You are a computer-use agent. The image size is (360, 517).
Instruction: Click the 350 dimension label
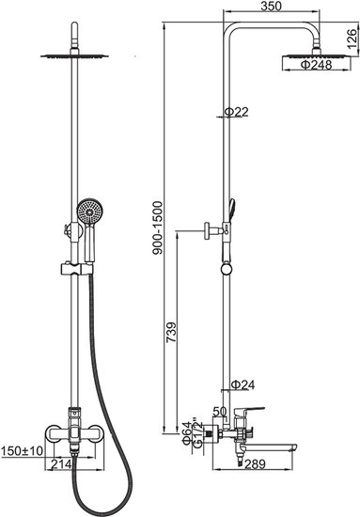[271, 6]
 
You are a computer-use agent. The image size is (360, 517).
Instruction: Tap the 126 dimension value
[352, 39]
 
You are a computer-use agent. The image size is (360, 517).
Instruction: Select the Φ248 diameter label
[316, 65]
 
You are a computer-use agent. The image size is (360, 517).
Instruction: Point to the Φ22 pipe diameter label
[236, 112]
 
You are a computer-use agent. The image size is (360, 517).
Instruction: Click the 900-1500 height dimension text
[158, 227]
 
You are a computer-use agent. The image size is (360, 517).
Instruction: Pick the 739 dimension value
[171, 332]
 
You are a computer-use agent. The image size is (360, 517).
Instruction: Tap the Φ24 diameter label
[243, 384]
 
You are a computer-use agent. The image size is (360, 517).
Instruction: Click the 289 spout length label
[255, 464]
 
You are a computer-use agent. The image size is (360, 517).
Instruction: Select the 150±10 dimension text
[22, 450]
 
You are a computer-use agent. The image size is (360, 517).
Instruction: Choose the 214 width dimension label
[61, 464]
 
